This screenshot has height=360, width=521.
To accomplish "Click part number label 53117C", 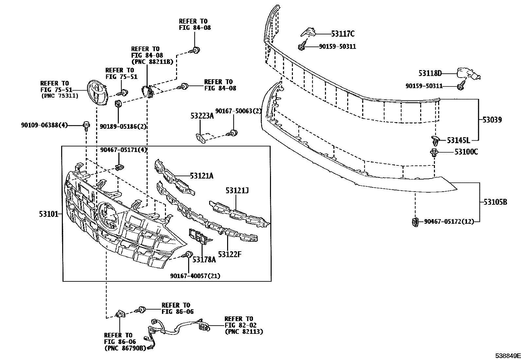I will point(343,34).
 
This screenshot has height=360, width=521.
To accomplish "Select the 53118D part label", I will point(430,73).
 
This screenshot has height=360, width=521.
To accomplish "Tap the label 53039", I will point(492,120).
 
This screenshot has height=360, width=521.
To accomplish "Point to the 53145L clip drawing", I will point(435,141).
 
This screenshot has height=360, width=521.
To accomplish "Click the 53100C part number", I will point(466,152).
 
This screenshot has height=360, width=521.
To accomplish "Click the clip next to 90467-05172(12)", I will point(415,222).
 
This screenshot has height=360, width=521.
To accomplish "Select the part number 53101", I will point(48,214).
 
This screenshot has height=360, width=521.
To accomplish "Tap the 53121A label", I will point(201,176).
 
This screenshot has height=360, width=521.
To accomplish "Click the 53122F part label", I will point(229,254).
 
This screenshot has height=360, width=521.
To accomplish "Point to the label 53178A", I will point(204,260).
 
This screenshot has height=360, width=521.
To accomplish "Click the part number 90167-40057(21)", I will point(195,276).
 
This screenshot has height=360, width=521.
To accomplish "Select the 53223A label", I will point(202,116).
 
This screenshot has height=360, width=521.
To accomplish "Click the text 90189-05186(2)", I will point(123,126).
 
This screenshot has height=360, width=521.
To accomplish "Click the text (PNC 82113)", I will point(243,332).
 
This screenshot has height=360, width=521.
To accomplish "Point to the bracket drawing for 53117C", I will point(308,32).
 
